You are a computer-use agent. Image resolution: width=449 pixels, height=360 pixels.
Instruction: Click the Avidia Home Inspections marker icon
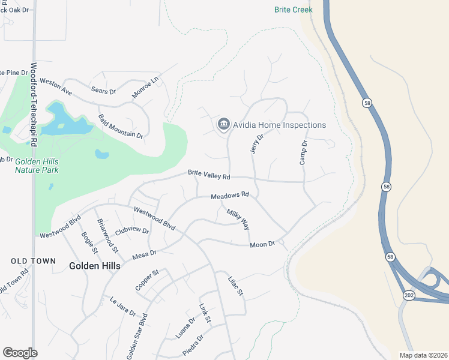223,125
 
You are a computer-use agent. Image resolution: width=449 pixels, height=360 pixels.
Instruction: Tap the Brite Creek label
294,10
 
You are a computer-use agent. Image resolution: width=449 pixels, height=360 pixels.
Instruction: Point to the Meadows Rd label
229,196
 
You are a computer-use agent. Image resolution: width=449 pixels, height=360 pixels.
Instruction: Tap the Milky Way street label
238,219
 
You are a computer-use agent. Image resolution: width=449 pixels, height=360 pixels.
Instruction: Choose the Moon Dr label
262,244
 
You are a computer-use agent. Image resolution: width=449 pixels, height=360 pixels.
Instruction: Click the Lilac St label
235,286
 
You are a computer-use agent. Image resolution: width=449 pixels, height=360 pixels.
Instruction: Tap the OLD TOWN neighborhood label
33,261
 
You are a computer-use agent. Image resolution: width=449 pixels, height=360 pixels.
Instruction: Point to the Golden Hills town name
94,265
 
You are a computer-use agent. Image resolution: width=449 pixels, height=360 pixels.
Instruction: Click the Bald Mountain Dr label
121,126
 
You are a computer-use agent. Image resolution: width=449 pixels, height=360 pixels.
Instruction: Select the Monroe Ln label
146,88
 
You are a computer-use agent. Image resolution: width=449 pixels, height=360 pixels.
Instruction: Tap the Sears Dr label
103,91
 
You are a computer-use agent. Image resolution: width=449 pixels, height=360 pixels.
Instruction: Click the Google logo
20,352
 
